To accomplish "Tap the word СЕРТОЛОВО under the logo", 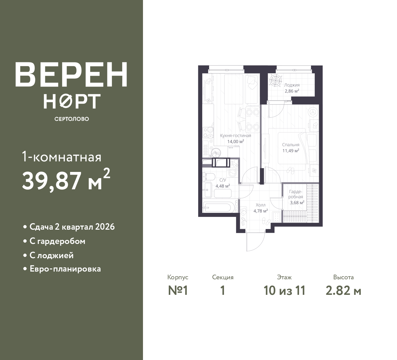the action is point(72,119).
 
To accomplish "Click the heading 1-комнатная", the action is point(61,157).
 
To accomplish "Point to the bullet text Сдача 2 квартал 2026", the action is point(72,227).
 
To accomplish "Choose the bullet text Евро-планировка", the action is point(65,269).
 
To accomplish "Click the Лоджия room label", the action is point(292,85).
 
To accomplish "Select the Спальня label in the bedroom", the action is point(291,145).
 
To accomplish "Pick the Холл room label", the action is point(261,205).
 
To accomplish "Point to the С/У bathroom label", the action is point(223,180).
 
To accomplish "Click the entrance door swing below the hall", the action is point(256,242).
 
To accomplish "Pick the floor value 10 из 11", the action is point(284,291).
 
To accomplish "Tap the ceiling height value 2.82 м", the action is point(343,291).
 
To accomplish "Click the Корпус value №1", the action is point(178,291).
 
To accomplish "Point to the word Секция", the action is point(223,277).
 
